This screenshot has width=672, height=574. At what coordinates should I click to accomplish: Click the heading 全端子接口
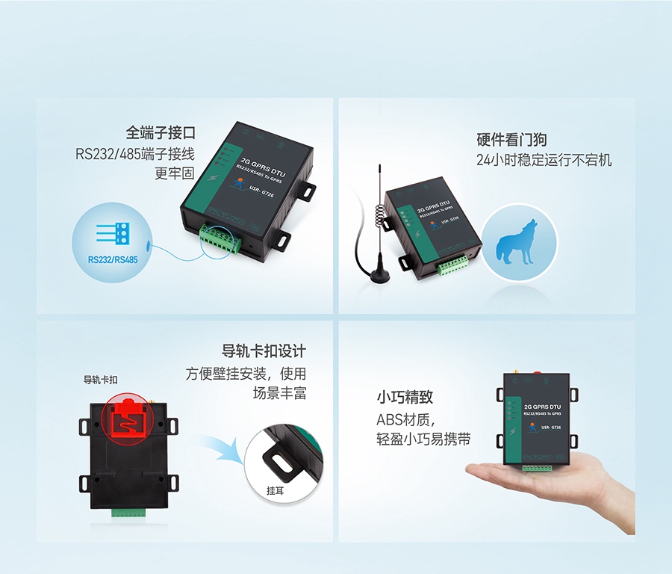click(x=161, y=133)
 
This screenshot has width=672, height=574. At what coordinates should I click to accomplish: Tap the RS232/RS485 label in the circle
click(x=112, y=260)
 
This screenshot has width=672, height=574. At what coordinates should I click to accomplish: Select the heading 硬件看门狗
click(x=511, y=140)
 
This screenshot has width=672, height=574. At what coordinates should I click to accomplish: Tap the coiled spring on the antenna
click(x=380, y=213)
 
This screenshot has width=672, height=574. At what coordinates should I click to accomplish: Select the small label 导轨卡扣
click(x=100, y=380)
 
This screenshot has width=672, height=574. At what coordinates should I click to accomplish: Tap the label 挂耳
click(x=276, y=491)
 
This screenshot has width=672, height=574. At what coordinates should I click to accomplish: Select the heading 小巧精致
click(x=405, y=398)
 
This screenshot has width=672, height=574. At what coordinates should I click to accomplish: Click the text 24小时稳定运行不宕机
click(x=544, y=160)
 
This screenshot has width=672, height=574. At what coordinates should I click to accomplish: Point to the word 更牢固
click(x=174, y=173)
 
